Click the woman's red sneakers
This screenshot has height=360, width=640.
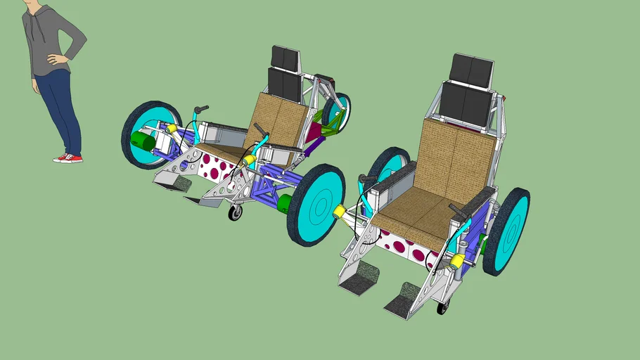(x=68, y=158)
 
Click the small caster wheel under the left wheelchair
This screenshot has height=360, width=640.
(x=235, y=212)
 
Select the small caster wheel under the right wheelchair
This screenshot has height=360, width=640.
(x=442, y=307)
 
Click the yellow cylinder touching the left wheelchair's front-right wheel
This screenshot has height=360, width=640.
(x=338, y=212)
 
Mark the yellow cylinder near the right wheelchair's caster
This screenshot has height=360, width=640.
(x=458, y=262)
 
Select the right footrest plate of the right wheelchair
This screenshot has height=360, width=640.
(x=406, y=301)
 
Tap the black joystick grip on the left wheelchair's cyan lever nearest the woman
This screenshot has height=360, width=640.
(x=201, y=110)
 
